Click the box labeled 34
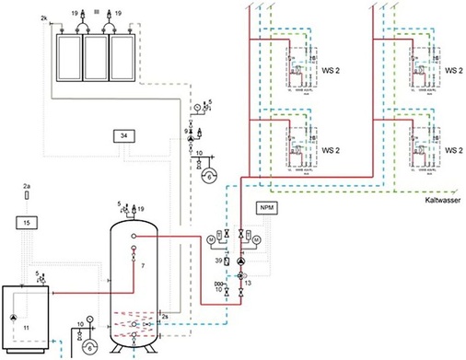[x=124, y=137]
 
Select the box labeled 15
[x=26, y=224]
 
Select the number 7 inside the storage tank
[x=143, y=265]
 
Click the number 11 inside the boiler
[x=27, y=327]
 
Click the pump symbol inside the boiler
[x=15, y=316]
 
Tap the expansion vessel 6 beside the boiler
[x=89, y=346]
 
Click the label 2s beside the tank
[x=165, y=317]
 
